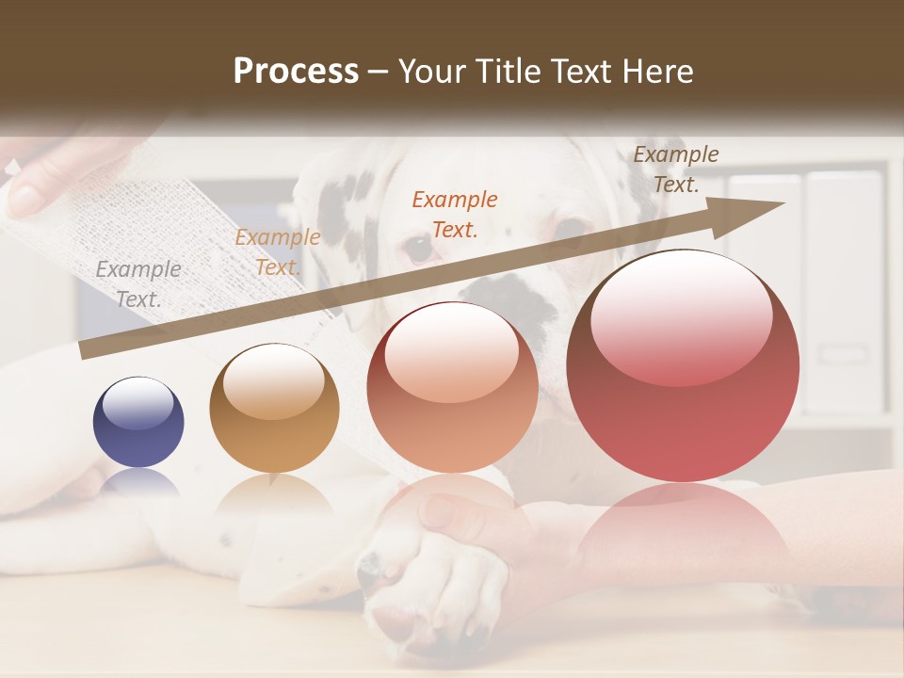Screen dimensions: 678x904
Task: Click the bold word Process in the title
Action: pyautogui.click(x=296, y=72)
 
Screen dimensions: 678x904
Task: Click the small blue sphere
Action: pyautogui.click(x=138, y=422)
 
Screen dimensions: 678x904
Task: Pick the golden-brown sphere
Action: pyautogui.click(x=274, y=408)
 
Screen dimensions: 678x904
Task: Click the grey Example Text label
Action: pyautogui.click(x=138, y=283)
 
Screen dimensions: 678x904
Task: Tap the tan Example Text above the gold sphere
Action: pyautogui.click(x=278, y=252)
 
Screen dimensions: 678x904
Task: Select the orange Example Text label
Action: pyautogui.click(x=455, y=214)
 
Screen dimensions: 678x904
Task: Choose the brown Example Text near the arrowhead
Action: pyautogui.click(x=676, y=169)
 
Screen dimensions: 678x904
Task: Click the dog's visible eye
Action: pyautogui.click(x=416, y=248)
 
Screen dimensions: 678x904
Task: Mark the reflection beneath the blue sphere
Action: pyautogui.click(x=139, y=483)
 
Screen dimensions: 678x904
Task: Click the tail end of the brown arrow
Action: pyautogui.click(x=87, y=350)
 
